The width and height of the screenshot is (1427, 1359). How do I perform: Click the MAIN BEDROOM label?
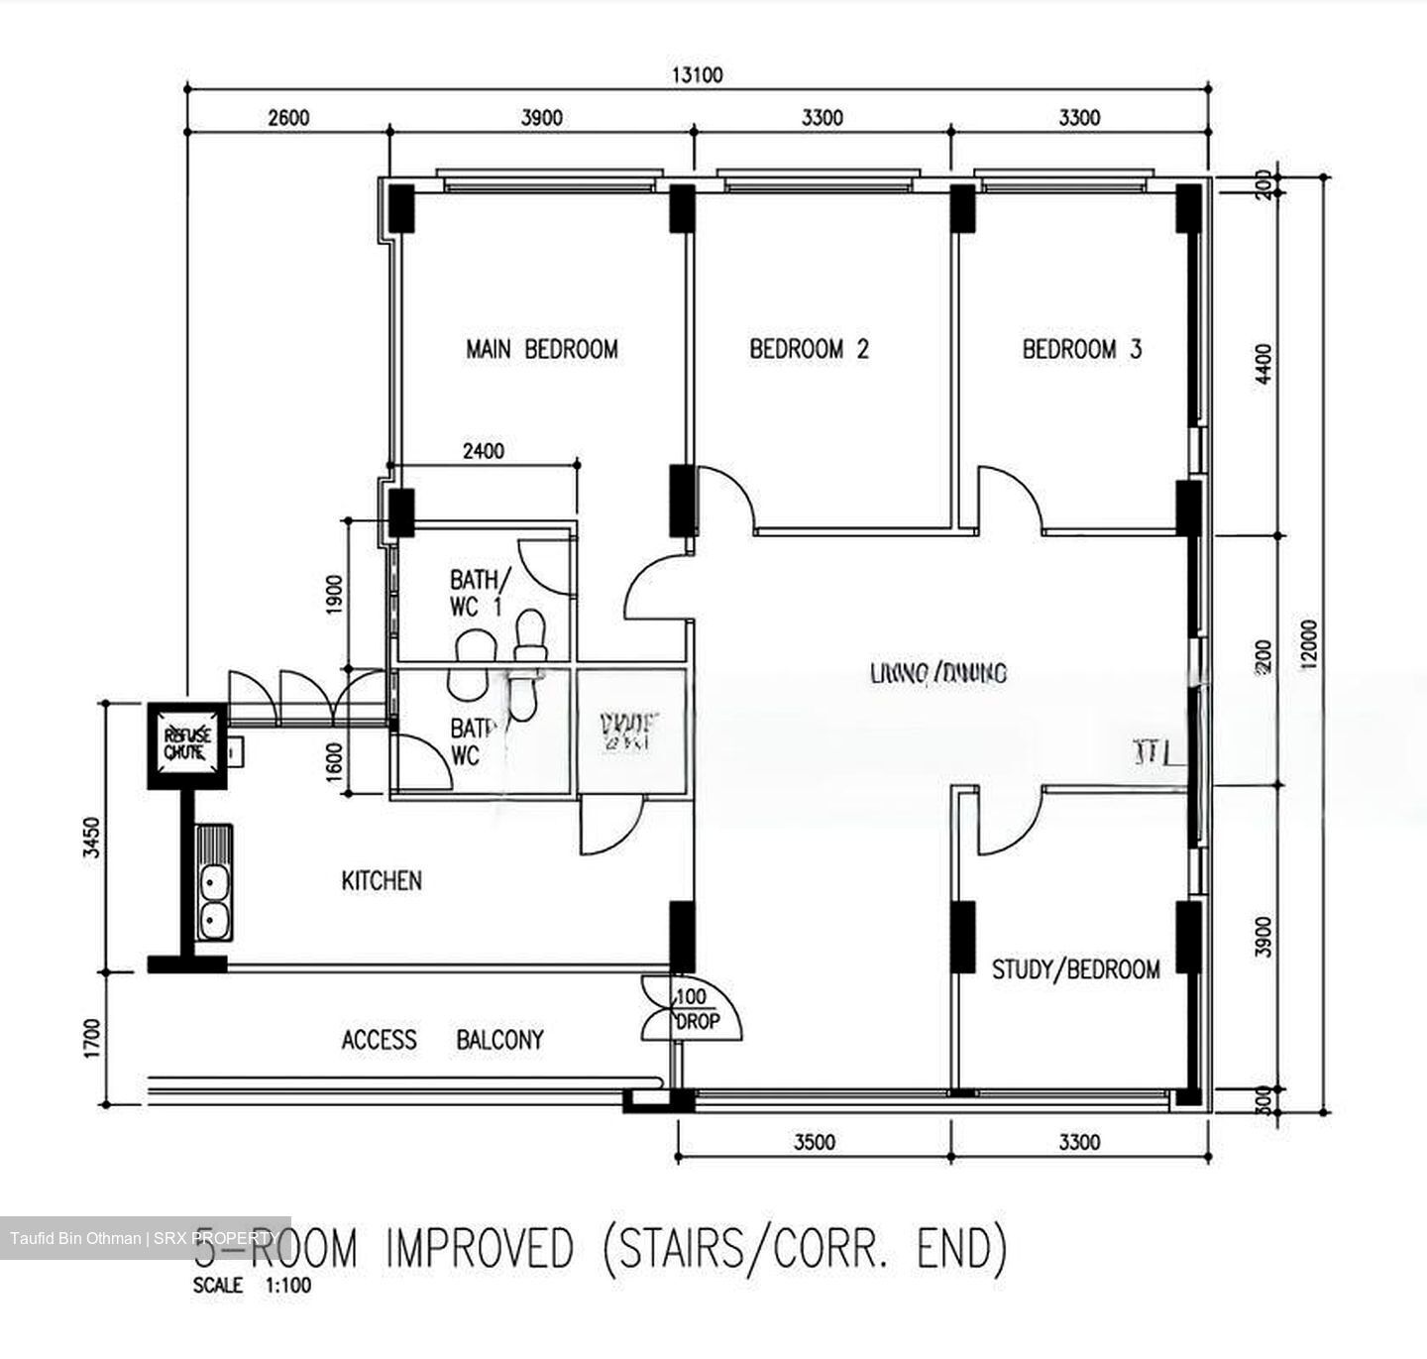pyautogui.click(x=541, y=349)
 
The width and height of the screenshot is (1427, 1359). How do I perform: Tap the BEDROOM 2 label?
pyautogui.click(x=809, y=349)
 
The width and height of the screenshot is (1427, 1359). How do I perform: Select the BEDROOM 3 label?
pyautogui.click(x=1081, y=349)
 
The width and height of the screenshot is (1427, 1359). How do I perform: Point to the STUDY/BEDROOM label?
pyautogui.click(x=1075, y=968)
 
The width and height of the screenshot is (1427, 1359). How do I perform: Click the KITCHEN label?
pyautogui.click(x=382, y=880)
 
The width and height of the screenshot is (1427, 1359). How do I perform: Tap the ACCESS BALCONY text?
pyautogui.click(x=442, y=1040)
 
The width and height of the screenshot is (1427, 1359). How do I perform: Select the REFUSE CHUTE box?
pyautogui.click(x=187, y=744)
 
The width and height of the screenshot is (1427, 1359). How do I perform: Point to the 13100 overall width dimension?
pyautogui.click(x=698, y=75)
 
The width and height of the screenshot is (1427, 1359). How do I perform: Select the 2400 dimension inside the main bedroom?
pyautogui.click(x=483, y=451)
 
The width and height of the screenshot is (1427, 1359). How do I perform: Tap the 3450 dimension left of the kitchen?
pyautogui.click(x=92, y=838)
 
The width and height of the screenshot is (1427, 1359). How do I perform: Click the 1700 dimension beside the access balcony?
pyautogui.click(x=92, y=1040)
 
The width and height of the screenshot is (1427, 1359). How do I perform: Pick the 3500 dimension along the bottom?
pyautogui.click(x=814, y=1142)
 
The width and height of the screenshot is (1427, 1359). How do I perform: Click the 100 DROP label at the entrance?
pyautogui.click(x=696, y=1009)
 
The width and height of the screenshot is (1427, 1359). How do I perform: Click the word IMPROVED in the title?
pyautogui.click(x=479, y=1248)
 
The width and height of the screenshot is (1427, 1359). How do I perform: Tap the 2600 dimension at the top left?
pyautogui.click(x=288, y=118)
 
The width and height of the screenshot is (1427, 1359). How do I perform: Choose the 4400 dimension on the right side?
pyautogui.click(x=1262, y=364)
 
